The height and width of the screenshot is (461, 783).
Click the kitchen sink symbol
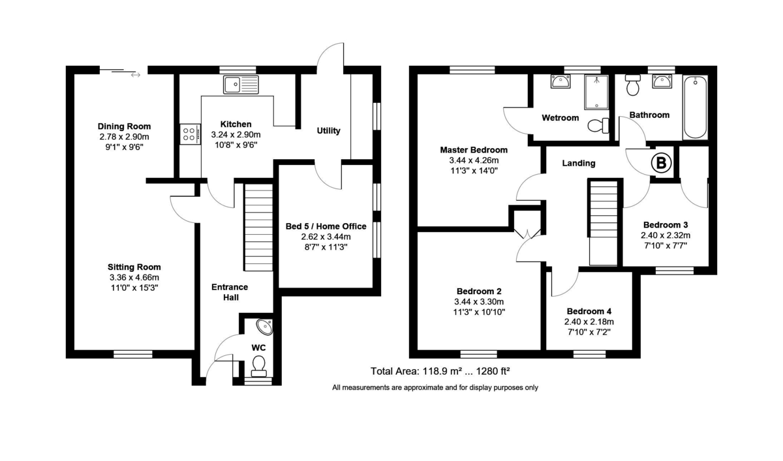(x=241, y=85)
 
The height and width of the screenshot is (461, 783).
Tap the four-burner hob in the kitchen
(x=190, y=134)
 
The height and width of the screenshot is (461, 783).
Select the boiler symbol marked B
(x=661, y=163)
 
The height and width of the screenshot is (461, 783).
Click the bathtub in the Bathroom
(x=695, y=108)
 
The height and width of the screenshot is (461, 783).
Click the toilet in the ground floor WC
(x=259, y=366)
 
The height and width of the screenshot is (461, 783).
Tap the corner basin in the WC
(x=264, y=327)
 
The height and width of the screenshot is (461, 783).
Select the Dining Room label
(x=124, y=126)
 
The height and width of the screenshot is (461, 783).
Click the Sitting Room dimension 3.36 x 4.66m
(x=134, y=277)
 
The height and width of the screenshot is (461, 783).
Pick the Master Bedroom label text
(x=474, y=150)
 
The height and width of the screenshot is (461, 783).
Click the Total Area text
(x=440, y=372)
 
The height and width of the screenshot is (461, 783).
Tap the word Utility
(x=328, y=131)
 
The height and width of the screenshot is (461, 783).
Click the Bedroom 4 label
(x=589, y=312)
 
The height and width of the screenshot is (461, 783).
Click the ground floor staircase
(x=258, y=227)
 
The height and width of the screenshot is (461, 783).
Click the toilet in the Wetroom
(x=597, y=125)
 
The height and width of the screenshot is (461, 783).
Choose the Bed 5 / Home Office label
(x=326, y=226)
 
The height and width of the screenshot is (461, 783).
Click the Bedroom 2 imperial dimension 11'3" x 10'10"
(x=478, y=312)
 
